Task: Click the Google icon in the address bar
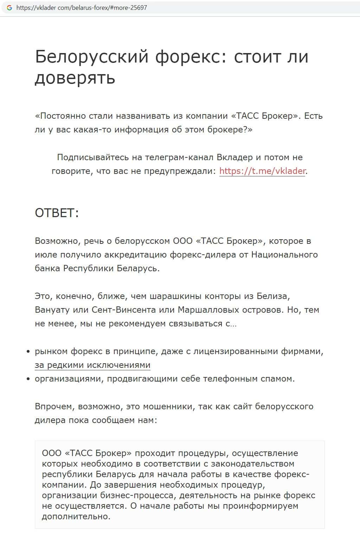pos(9,7)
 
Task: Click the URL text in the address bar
pos(82,7)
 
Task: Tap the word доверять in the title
pos(75,78)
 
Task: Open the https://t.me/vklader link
pos(262,171)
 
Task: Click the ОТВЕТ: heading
pos(57,213)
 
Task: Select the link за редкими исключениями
pos(92,365)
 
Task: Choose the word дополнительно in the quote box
pos(76,516)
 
